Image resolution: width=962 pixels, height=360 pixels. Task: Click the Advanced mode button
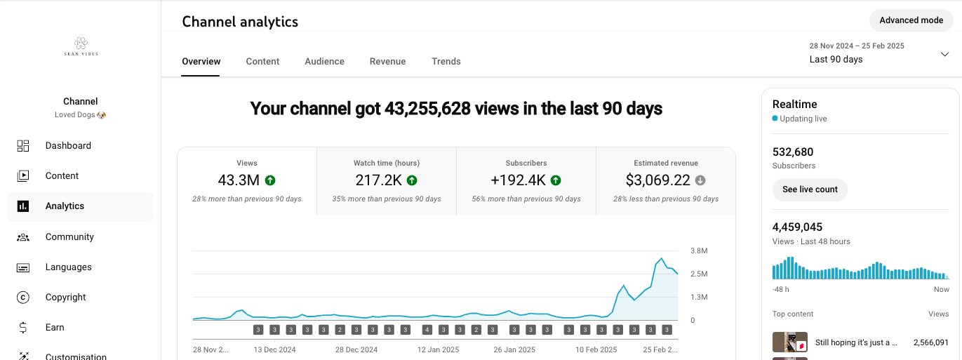pyautogui.click(x=911, y=20)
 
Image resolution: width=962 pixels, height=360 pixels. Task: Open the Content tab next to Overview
pyautogui.click(x=262, y=62)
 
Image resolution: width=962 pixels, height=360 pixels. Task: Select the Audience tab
pyautogui.click(x=324, y=62)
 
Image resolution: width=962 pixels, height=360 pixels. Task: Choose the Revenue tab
pyautogui.click(x=387, y=62)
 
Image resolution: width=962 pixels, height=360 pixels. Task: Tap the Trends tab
pyautogui.click(x=446, y=62)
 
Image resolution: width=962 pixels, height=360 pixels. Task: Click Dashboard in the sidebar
pyautogui.click(x=68, y=146)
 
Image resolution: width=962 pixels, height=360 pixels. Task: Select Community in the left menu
pyautogui.click(x=69, y=236)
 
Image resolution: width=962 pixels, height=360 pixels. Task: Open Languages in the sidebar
pyautogui.click(x=68, y=267)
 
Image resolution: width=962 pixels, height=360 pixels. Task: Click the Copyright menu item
pyautogui.click(x=65, y=298)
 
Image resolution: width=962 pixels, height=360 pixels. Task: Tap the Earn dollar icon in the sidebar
pyautogui.click(x=23, y=327)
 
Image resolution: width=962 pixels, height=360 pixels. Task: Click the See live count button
pyautogui.click(x=810, y=189)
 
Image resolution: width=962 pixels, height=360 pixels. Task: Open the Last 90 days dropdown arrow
pyautogui.click(x=945, y=54)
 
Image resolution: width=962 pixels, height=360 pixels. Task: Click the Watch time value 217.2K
pyautogui.click(x=378, y=180)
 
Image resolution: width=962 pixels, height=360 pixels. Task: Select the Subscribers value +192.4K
pyautogui.click(x=518, y=180)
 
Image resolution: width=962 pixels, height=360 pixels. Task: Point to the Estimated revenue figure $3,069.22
pyautogui.click(x=657, y=180)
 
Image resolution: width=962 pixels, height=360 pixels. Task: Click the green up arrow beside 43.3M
pyautogui.click(x=270, y=180)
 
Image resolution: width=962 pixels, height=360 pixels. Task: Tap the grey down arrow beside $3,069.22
pyautogui.click(x=700, y=180)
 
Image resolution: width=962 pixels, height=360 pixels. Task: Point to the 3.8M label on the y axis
pyautogui.click(x=699, y=251)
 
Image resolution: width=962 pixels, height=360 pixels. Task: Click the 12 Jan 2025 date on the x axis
pyautogui.click(x=438, y=349)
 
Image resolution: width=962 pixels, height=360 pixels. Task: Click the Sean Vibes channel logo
pyautogui.click(x=81, y=46)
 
